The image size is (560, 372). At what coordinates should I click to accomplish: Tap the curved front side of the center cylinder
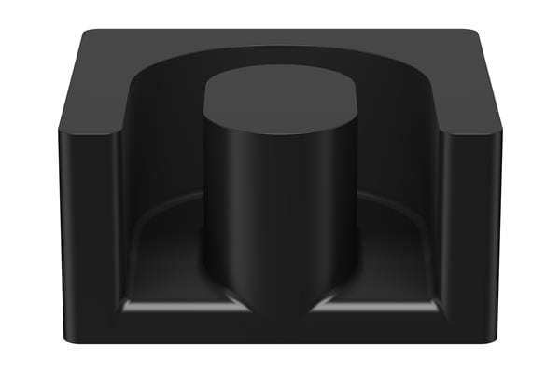(280, 214)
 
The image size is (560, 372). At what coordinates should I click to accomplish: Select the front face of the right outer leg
(472, 233)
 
